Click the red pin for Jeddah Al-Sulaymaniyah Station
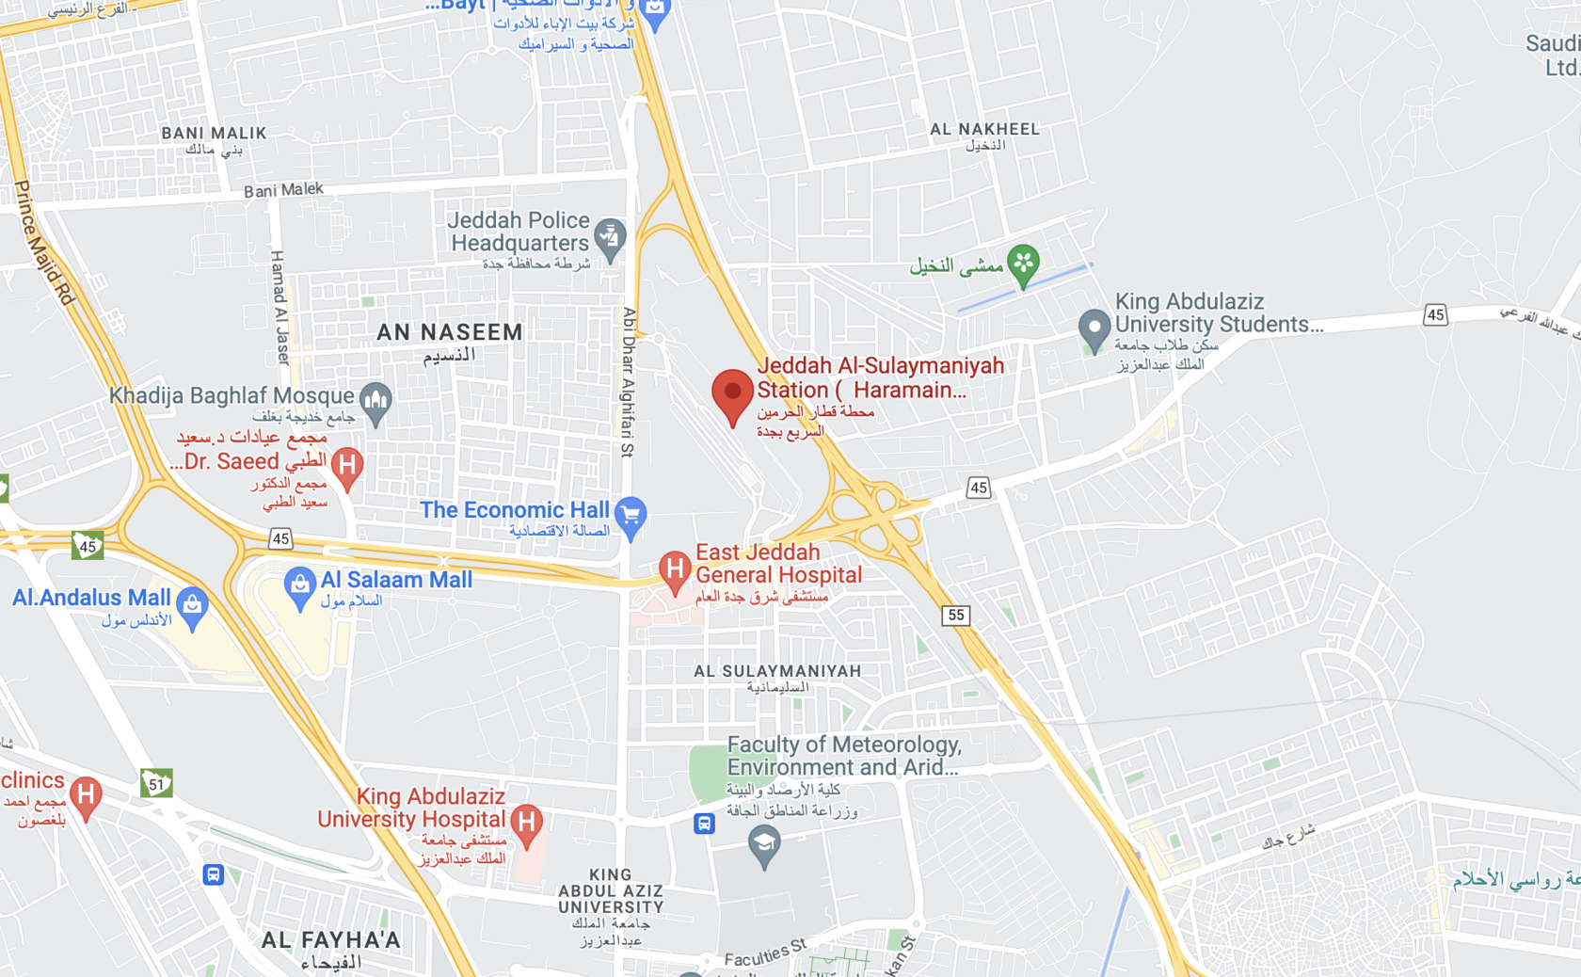(x=732, y=393)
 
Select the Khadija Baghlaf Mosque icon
(x=376, y=402)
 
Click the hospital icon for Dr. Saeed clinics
(x=347, y=465)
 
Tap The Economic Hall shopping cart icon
(x=631, y=516)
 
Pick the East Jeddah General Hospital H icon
(x=674, y=569)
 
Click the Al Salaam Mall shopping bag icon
(x=299, y=585)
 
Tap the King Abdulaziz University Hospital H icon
(x=527, y=823)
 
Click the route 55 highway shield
(x=955, y=616)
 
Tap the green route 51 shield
(x=156, y=783)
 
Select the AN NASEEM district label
(x=450, y=332)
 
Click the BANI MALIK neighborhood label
(x=214, y=134)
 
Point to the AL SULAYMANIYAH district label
(x=777, y=671)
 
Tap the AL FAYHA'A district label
(x=331, y=940)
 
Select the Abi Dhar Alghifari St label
(x=629, y=381)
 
